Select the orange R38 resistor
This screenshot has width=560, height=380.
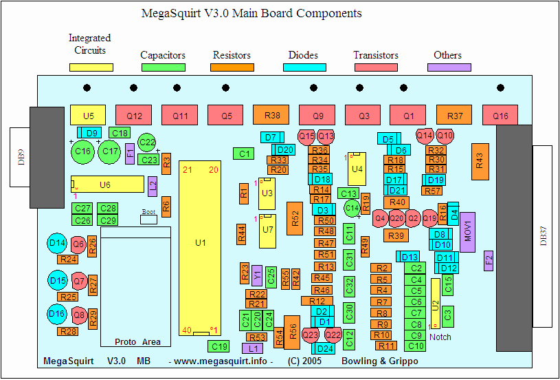[271, 116]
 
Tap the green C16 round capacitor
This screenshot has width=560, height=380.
[83, 151]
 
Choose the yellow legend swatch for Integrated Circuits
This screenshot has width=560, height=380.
[90, 67]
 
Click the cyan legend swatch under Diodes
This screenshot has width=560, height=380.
[304, 67]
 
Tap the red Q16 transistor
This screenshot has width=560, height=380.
[500, 116]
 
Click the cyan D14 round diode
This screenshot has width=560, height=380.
[57, 243]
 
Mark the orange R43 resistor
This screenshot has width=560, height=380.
[480, 160]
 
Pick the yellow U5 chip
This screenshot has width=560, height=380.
[87, 116]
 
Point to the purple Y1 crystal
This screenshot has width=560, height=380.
[257, 275]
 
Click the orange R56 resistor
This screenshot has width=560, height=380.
[293, 332]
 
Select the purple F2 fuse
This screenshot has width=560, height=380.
[489, 260]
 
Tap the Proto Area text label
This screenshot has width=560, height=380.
[137, 342]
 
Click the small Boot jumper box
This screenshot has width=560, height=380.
[149, 219]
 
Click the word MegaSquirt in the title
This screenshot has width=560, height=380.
[171, 13]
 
